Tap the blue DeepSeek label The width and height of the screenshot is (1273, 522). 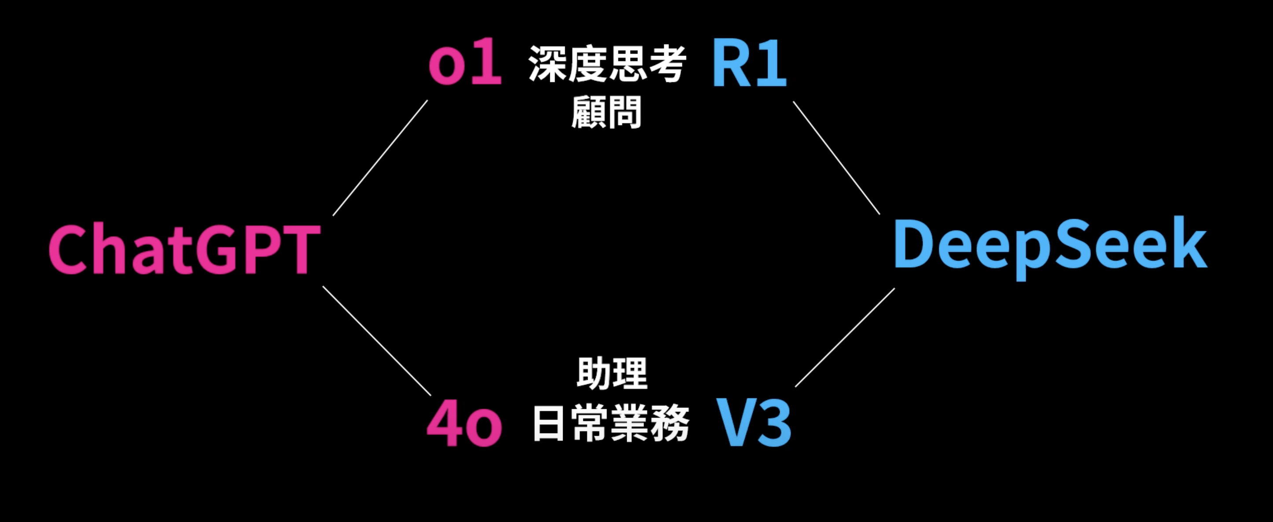[1051, 245]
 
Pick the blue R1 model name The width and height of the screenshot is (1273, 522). [749, 64]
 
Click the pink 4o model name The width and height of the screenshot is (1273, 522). [464, 425]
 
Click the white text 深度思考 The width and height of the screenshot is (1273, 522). [607, 64]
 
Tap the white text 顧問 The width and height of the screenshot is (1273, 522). [607, 112]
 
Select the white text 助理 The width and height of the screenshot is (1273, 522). [612, 373]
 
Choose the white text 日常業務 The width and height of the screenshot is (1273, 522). [611, 424]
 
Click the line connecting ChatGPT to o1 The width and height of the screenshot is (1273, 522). [380, 158]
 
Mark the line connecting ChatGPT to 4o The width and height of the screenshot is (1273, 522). [376, 341]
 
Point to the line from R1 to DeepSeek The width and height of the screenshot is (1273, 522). [836, 158]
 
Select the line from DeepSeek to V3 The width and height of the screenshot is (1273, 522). [845, 338]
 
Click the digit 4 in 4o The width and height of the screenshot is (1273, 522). [443, 425]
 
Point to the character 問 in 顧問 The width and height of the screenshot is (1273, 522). [625, 112]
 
